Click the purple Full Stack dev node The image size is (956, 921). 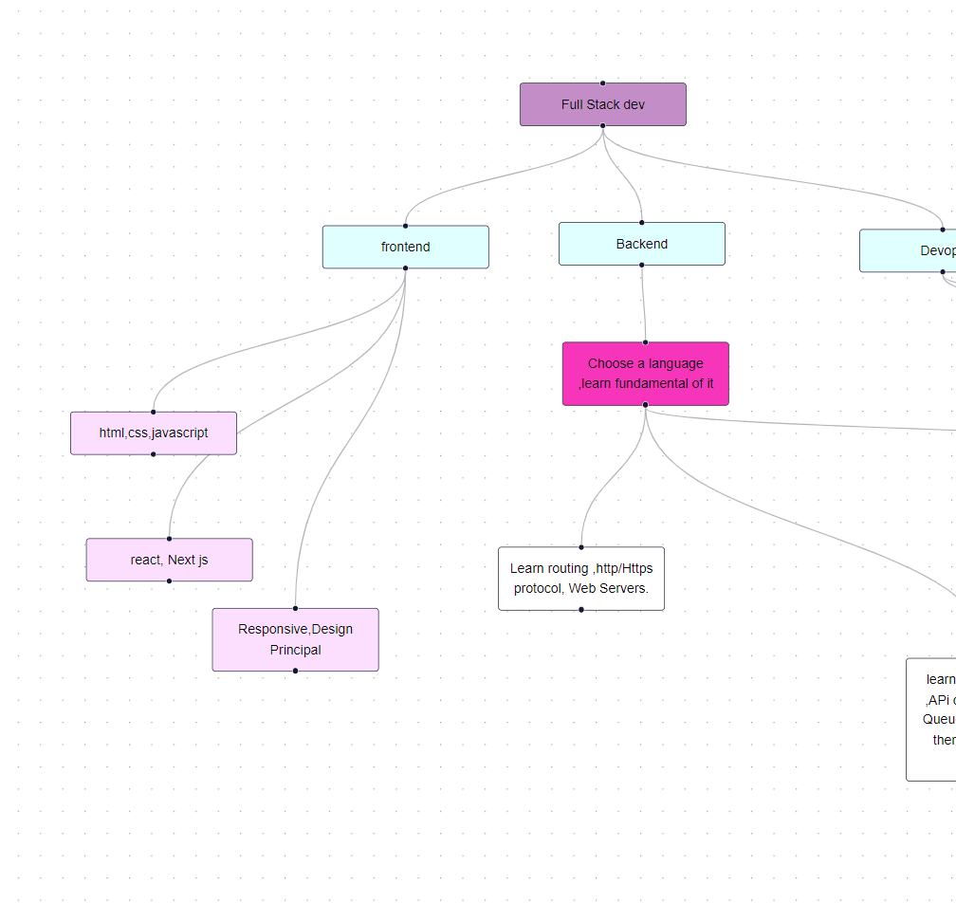click(x=602, y=104)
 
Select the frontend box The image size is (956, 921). click(x=405, y=247)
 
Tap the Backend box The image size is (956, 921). click(x=641, y=244)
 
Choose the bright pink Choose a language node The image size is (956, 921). click(x=645, y=374)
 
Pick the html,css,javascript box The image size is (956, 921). click(x=153, y=433)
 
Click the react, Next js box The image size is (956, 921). click(x=169, y=560)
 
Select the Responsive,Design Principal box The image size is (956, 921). click(x=295, y=639)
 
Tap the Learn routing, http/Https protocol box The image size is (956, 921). click(x=580, y=579)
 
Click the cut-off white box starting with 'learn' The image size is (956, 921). click(x=931, y=719)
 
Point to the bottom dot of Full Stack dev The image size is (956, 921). click(x=602, y=125)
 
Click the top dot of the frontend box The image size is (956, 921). click(x=405, y=226)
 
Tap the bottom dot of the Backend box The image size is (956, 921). click(x=641, y=266)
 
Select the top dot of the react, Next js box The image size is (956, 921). click(x=169, y=539)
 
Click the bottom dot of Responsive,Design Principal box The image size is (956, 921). click(x=295, y=671)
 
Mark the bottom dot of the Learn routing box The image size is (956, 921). click(x=580, y=610)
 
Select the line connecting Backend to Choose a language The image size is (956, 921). click(x=643, y=304)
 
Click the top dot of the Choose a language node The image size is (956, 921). click(x=645, y=342)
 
